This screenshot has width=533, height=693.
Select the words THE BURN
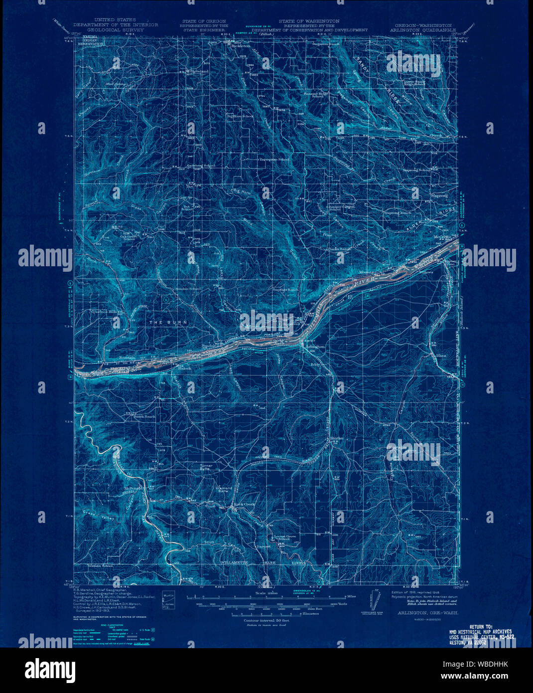pyautogui.click(x=169, y=323)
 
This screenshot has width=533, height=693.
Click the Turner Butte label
pyautogui.click(x=206, y=467)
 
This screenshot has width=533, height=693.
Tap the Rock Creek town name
pyautogui.click(x=245, y=504)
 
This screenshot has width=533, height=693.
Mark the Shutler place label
pyautogui.click(x=337, y=438)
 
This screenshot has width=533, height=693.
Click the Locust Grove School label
pyautogui.click(x=282, y=537)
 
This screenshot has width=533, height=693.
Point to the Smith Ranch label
pyautogui.click(x=144, y=416)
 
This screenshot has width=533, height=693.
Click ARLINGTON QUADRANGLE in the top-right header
pyautogui.click(x=425, y=30)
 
